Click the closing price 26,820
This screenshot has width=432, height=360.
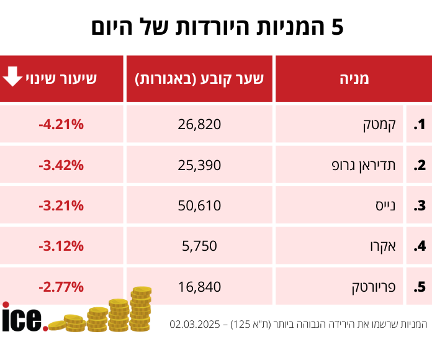(199, 125)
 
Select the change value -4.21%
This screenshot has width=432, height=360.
(61, 125)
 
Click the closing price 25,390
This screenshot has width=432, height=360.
(199, 165)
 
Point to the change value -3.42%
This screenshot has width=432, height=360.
(61, 165)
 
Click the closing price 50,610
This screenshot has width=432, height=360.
(199, 205)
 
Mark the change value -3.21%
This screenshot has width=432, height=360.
(61, 205)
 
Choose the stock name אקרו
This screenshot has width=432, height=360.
(385, 246)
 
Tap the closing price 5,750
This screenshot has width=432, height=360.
(199, 246)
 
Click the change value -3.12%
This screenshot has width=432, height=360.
(61, 246)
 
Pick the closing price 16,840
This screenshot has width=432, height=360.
(199, 286)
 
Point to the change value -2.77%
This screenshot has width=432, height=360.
(61, 286)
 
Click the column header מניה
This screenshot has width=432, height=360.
(354, 79)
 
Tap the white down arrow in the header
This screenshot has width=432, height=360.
(12, 77)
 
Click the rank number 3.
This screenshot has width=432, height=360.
(420, 205)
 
